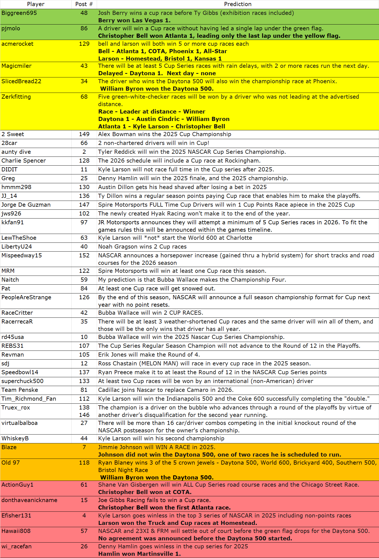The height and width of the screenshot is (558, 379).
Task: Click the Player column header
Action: (x=36, y=4)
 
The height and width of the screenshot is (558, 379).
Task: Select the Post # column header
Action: (x=84, y=4)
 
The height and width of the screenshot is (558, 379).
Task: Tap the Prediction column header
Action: (x=238, y=4)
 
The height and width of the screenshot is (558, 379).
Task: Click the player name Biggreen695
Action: (x=19, y=13)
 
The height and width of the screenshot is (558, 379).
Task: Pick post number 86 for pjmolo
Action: (x=84, y=28)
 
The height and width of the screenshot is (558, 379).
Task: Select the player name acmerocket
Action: (x=17, y=44)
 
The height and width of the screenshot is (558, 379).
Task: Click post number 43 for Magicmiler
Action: (x=84, y=66)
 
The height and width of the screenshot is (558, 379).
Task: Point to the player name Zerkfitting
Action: (x=16, y=97)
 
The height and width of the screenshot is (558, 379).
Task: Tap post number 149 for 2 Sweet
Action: (x=84, y=134)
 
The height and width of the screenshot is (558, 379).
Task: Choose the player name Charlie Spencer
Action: (x=24, y=161)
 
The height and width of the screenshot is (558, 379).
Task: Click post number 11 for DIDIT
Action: (x=84, y=169)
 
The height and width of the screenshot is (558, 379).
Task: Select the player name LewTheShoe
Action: (x=19, y=238)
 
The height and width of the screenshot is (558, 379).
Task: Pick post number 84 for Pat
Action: (x=84, y=289)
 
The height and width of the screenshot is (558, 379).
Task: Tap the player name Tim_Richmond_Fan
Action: (x=29, y=399)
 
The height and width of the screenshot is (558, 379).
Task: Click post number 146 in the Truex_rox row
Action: (x=84, y=415)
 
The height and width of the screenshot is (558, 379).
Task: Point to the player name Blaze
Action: (x=9, y=447)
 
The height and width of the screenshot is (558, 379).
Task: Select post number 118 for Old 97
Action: (x=84, y=463)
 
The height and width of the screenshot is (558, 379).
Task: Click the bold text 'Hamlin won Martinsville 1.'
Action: (x=139, y=554)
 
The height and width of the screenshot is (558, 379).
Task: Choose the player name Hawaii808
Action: (x=16, y=531)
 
